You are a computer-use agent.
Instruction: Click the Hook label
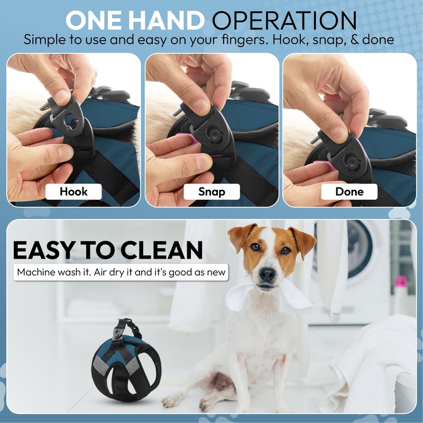(x=73, y=191)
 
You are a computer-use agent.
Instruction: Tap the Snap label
(x=212, y=191)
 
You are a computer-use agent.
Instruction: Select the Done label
(x=349, y=191)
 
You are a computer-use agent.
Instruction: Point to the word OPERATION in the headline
(x=284, y=21)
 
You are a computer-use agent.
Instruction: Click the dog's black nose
(x=268, y=274)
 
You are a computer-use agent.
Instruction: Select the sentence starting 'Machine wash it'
(x=121, y=273)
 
